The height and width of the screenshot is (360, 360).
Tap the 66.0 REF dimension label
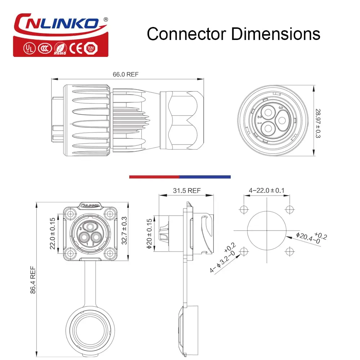(126, 75)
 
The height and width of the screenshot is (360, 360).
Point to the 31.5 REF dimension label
(186, 191)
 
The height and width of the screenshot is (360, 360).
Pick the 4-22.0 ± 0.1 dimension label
(266, 190)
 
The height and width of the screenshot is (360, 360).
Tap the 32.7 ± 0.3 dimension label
(124, 230)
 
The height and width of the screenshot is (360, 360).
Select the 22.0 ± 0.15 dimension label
(52, 233)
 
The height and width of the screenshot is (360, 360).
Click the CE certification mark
(75, 48)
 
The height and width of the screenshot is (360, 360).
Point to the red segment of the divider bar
(154, 177)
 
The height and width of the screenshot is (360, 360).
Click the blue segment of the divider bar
(205, 177)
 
